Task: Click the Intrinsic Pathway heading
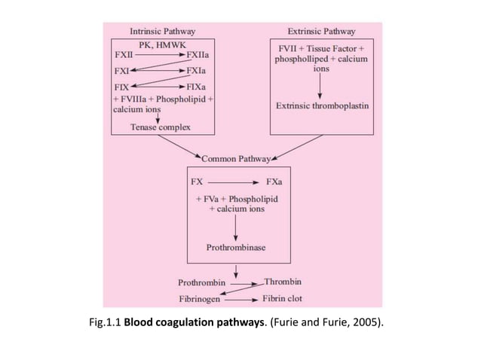click(x=163, y=32)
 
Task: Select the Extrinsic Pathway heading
click(x=322, y=32)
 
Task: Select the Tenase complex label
click(x=160, y=127)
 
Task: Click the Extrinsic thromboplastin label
click(x=322, y=106)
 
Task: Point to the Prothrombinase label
click(x=236, y=247)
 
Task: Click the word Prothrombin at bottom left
click(x=201, y=283)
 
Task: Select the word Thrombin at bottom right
click(x=283, y=282)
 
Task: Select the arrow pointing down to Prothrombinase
click(x=237, y=227)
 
